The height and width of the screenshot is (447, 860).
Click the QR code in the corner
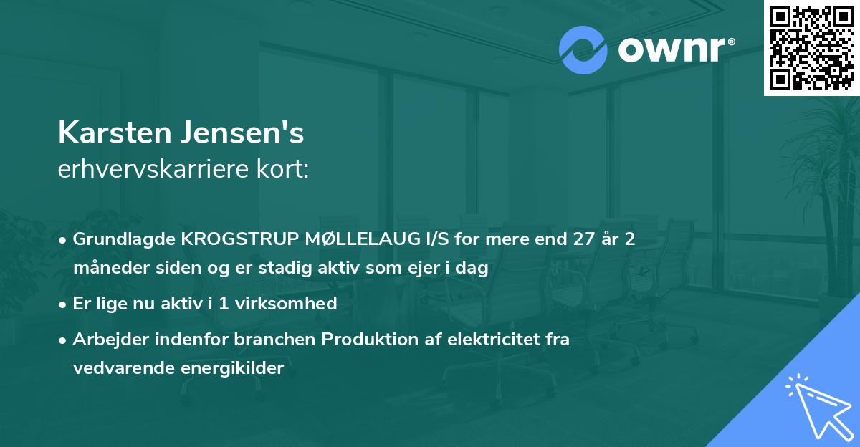coord(811,47)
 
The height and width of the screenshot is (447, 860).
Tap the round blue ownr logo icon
coord(582,49)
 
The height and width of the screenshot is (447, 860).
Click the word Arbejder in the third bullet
coord(102,340)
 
